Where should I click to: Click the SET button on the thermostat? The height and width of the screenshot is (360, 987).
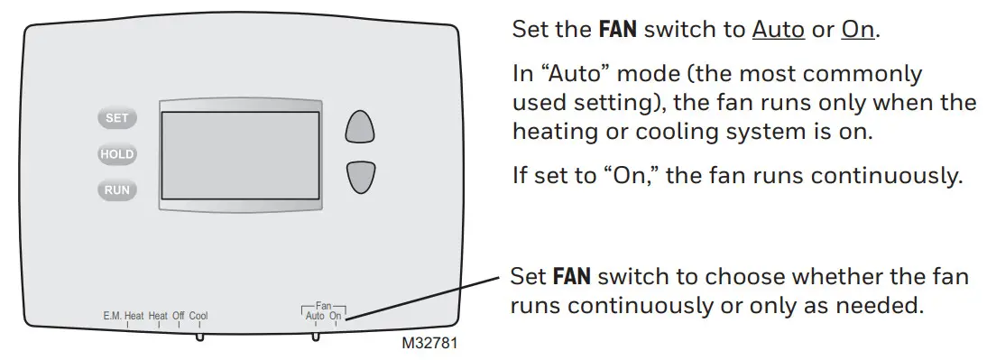click(116, 118)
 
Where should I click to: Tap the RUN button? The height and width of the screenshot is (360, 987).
click(116, 189)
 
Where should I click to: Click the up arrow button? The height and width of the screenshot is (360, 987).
click(360, 127)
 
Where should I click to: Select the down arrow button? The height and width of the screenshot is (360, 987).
click(360, 177)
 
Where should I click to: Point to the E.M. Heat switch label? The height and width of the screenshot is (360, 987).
click(124, 316)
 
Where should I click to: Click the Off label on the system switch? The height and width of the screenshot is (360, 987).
click(179, 316)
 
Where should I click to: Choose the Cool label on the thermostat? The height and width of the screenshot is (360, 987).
click(198, 316)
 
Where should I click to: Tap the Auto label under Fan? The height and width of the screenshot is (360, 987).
click(316, 316)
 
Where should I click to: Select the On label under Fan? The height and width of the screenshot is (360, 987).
click(336, 316)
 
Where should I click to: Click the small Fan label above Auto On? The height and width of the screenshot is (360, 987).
click(324, 306)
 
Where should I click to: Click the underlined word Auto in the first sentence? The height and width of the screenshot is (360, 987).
click(778, 30)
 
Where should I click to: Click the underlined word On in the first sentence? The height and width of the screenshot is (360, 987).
click(858, 30)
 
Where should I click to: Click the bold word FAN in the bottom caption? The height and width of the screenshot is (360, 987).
click(570, 275)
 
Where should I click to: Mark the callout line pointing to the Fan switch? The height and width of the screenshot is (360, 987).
click(424, 297)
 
